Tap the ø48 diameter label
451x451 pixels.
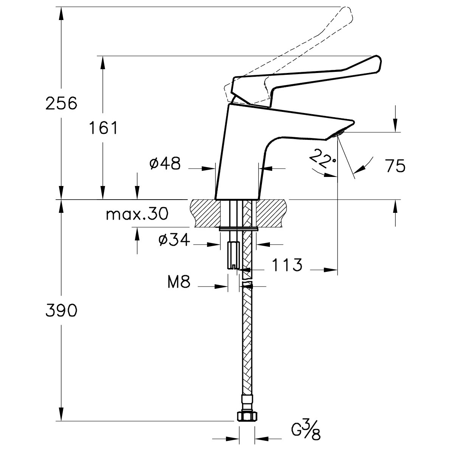coord(165,164)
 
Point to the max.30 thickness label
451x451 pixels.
coord(137,214)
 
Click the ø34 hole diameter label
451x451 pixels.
coord(174,240)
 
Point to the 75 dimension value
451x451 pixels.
coord(395,166)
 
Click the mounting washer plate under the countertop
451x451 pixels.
coord(239,229)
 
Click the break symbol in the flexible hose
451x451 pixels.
coord(246,280)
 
